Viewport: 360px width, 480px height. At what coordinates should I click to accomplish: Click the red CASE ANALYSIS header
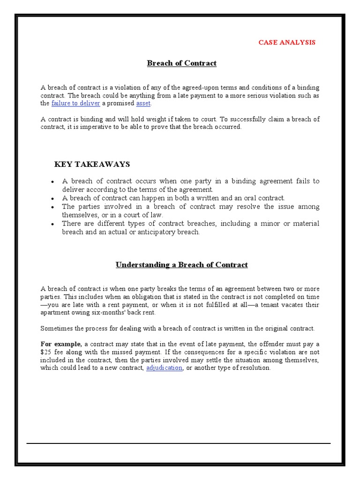pos(287,42)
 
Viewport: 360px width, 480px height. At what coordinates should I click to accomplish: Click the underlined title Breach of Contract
pos(182,63)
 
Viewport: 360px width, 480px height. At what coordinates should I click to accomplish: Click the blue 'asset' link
pos(143,103)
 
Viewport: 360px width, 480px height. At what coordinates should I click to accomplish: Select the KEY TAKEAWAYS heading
pos(92,164)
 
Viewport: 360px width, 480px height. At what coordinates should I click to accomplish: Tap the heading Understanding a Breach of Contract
pos(181,265)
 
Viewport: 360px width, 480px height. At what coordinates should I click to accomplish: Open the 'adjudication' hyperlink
pos(164,368)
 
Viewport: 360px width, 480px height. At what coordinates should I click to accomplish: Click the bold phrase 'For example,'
pos(61,345)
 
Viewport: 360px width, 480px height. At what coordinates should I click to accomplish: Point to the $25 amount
pos(46,352)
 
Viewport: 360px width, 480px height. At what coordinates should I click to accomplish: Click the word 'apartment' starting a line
pos(54,313)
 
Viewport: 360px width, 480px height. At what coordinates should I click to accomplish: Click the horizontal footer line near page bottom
pos(178,443)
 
